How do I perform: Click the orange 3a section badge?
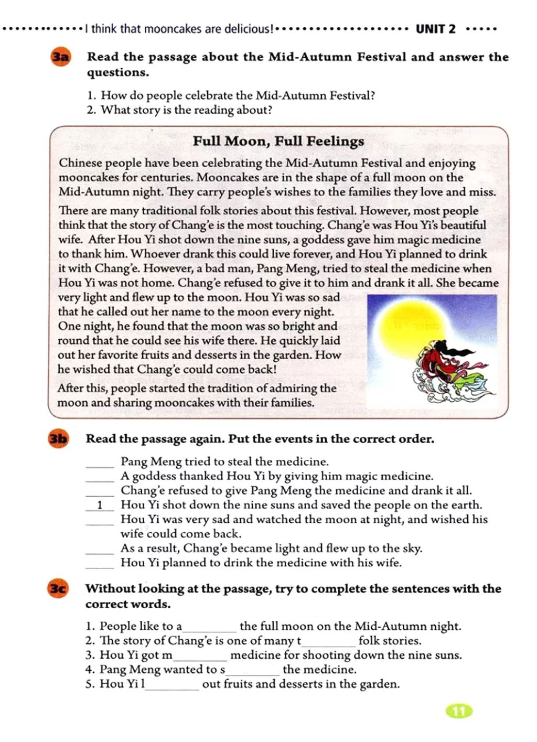pyautogui.click(x=60, y=57)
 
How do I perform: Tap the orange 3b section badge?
pyautogui.click(x=58, y=439)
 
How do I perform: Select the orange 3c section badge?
pyautogui.click(x=58, y=588)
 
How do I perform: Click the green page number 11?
pyautogui.click(x=459, y=711)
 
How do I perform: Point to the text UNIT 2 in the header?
pyautogui.click(x=435, y=29)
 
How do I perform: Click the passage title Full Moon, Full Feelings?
pyautogui.click(x=278, y=141)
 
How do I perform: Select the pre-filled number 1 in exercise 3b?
pyautogui.click(x=100, y=506)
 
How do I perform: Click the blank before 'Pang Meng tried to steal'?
pyautogui.click(x=100, y=463)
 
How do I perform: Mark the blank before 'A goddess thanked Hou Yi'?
pyautogui.click(x=100, y=477)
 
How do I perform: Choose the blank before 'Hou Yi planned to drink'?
pyautogui.click(x=100, y=564)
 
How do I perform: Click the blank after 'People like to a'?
pyautogui.click(x=209, y=628)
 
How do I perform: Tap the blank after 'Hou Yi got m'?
pyautogui.click(x=200, y=657)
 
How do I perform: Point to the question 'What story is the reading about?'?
pyautogui.click(x=186, y=110)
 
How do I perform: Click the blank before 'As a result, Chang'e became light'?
pyautogui.click(x=100, y=550)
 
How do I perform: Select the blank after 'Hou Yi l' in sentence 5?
pyautogui.click(x=172, y=686)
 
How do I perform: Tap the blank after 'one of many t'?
pyautogui.click(x=328, y=642)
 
